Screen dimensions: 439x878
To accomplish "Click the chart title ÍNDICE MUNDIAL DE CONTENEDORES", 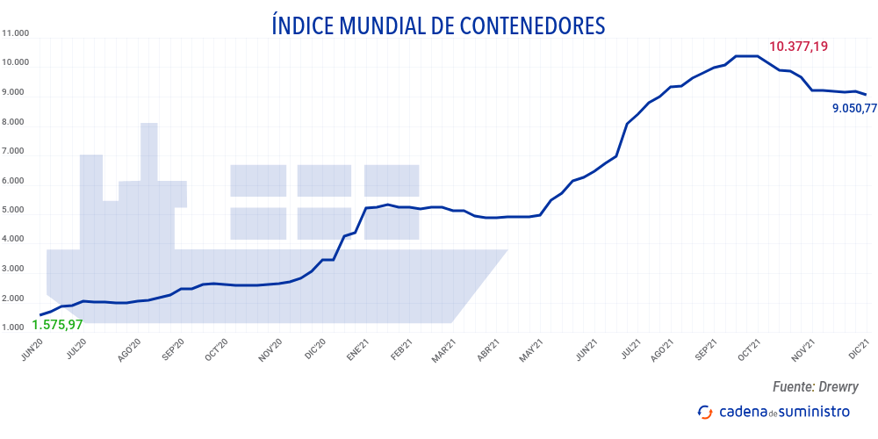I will (438, 25).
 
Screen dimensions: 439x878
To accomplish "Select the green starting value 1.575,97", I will (57, 324).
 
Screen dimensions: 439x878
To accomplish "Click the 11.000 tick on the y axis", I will (16, 34).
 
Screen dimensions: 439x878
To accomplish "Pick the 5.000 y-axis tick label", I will (16, 211).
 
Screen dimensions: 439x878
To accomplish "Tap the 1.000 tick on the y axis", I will (16, 328).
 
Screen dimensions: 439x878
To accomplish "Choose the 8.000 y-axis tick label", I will (16, 123).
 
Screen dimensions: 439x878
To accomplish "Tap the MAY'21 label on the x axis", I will (528, 350).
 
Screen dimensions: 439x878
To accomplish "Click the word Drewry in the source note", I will (838, 386).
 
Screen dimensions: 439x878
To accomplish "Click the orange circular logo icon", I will (704, 411).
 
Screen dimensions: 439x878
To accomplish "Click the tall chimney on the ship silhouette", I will (149, 149).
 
